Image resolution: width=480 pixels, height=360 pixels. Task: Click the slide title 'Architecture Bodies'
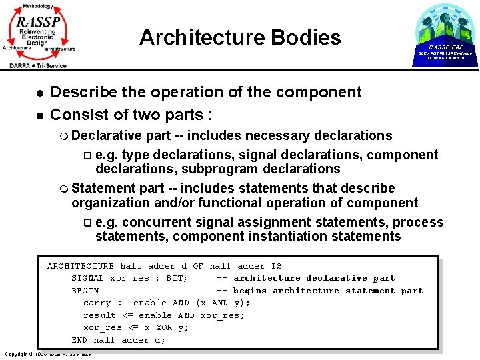[240, 37]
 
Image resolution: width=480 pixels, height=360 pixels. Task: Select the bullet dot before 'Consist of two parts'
[40, 115]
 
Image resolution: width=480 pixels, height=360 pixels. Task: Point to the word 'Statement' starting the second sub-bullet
[102, 188]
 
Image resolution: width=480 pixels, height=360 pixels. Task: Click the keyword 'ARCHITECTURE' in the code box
[81, 266]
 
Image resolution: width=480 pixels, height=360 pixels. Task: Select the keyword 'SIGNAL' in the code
[88, 278]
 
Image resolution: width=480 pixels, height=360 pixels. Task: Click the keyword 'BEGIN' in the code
[85, 291]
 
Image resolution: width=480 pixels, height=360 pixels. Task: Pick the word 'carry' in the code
[97, 303]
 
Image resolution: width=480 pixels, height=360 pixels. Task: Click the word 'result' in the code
[99, 315]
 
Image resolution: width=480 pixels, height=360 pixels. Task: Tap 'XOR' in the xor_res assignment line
[164, 327]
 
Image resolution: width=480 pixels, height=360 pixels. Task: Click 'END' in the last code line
[79, 340]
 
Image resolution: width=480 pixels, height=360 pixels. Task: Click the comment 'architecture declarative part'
[313, 278]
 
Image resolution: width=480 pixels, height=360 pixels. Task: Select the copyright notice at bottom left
[47, 353]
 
